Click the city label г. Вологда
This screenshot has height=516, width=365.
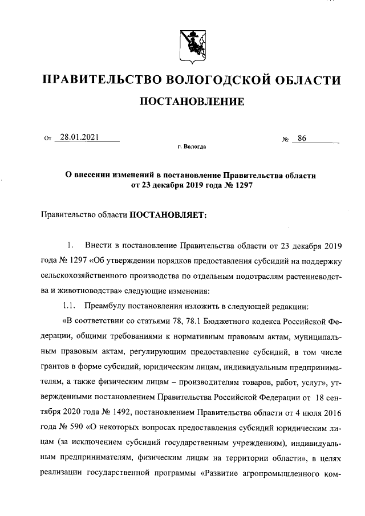(192, 147)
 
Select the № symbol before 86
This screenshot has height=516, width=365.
(286, 139)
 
